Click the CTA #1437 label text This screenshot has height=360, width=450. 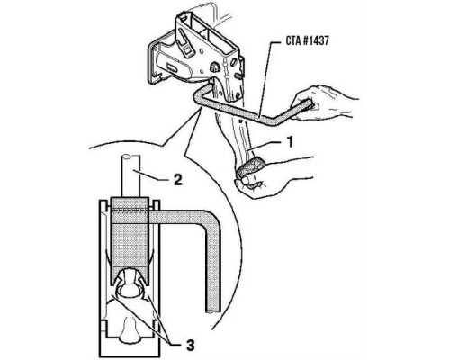click(x=307, y=40)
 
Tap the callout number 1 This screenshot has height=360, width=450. click(x=290, y=142)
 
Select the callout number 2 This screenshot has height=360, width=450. click(x=178, y=180)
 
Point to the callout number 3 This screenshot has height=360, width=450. click(x=191, y=345)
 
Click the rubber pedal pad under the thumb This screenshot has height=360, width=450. click(x=250, y=166)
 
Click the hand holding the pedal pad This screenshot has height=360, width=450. click(x=264, y=177)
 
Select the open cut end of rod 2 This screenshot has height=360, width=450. click(x=130, y=157)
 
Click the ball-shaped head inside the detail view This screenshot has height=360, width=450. click(x=130, y=283)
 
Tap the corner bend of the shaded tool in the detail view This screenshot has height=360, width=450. click(x=211, y=218)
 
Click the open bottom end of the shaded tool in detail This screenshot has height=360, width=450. click(x=213, y=311)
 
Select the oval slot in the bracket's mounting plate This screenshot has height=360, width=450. click(x=172, y=68)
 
